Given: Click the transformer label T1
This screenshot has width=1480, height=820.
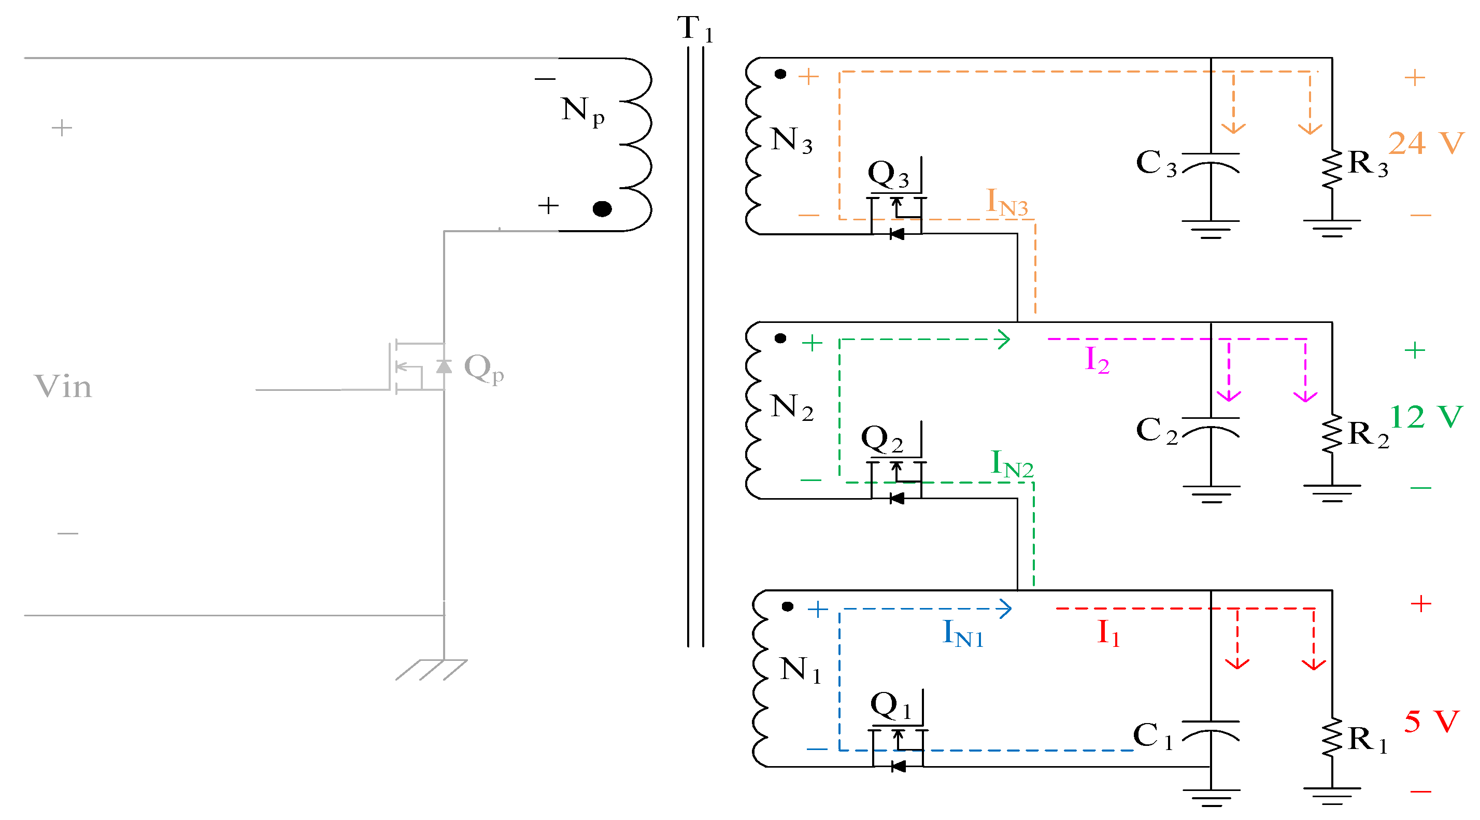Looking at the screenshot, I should [694, 29].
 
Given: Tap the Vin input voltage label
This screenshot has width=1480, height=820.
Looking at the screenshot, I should [63, 386].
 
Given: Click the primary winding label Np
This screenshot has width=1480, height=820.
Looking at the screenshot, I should [582, 111].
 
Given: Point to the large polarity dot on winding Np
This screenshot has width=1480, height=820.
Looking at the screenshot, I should [602, 209].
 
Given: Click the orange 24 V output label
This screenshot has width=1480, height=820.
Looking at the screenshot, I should [1426, 143].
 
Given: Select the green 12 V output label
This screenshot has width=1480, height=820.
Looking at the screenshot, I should [1426, 417].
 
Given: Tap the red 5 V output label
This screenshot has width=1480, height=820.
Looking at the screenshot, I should [1431, 722].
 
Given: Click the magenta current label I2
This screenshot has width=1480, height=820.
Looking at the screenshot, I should [1096, 361].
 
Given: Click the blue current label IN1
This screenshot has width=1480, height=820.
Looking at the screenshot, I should [963, 634].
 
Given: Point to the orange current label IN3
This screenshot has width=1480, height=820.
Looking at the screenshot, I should [1006, 203].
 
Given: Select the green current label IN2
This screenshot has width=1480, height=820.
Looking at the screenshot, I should [1012, 464].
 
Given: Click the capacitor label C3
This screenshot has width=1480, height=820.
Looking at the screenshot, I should [1156, 164].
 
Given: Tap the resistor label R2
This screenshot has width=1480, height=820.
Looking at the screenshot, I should [1368, 435].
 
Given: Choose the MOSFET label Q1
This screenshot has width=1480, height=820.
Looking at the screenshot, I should [890, 706].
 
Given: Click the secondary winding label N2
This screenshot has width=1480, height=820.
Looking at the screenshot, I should [791, 407].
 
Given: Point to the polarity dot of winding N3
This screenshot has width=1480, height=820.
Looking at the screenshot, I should [779, 74].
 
